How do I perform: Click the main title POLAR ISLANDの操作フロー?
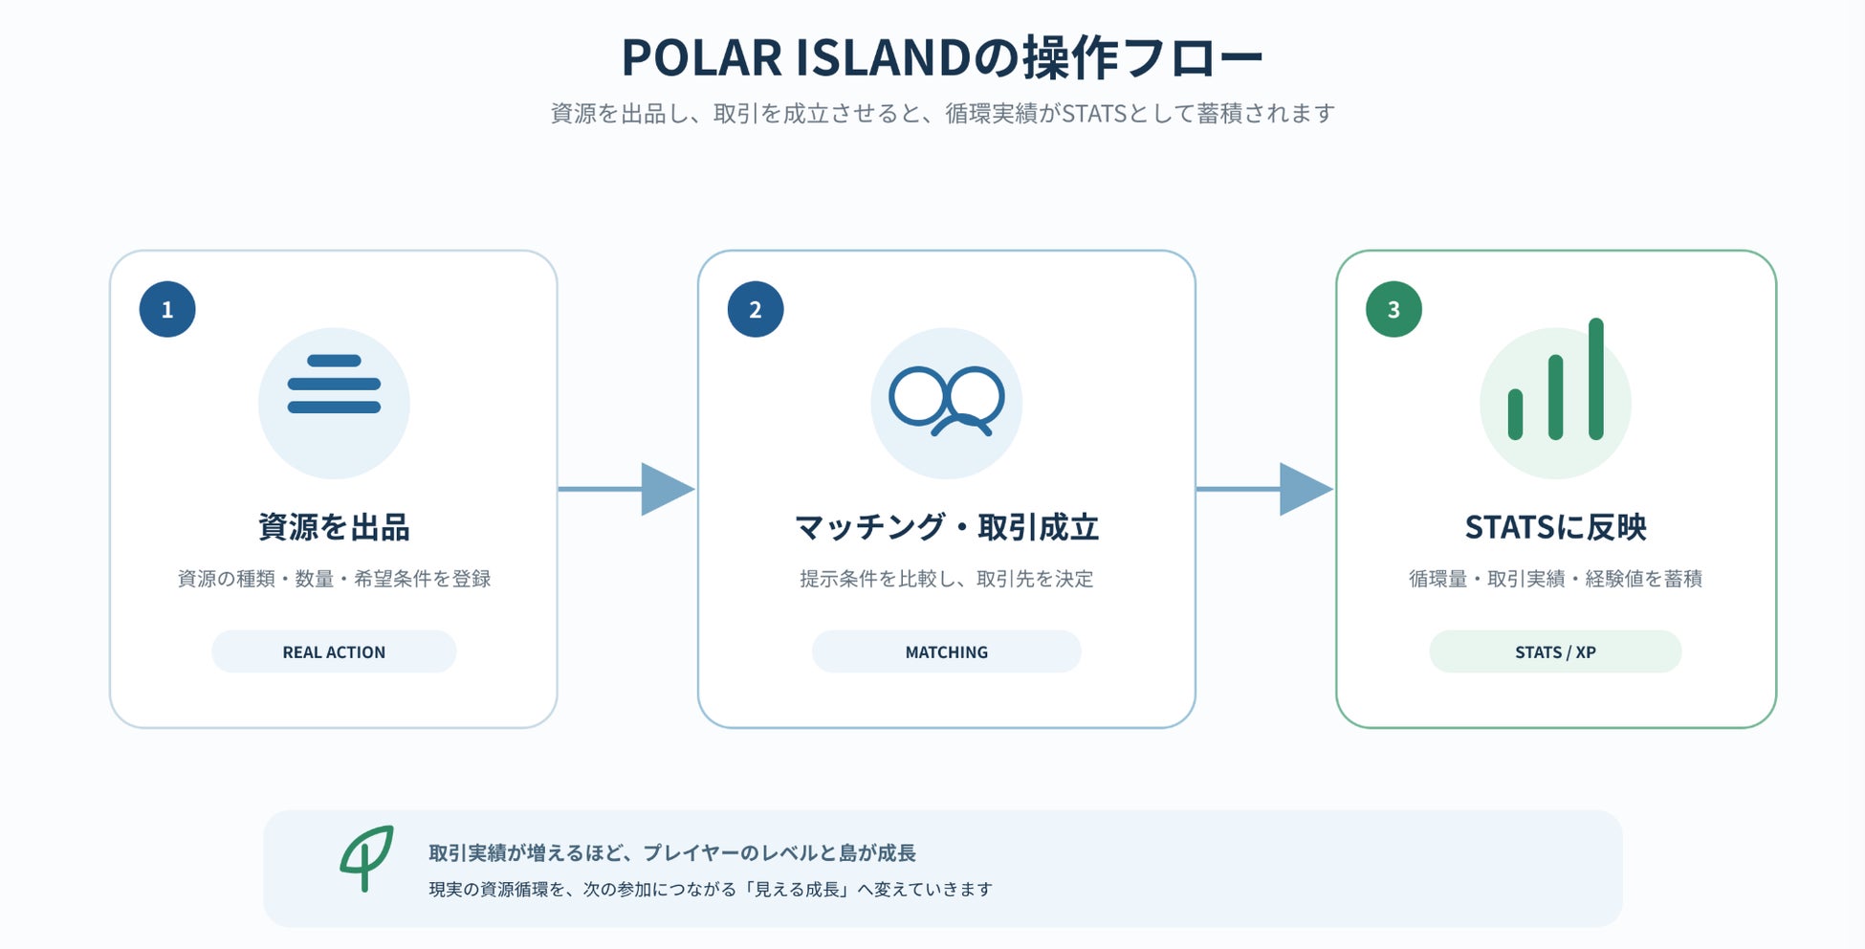tap(942, 57)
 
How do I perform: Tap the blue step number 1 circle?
tap(167, 309)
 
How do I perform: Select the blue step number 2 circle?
tap(756, 309)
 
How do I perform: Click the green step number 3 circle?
tap(1393, 309)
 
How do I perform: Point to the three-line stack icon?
tap(334, 385)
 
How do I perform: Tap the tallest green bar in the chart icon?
tap(1596, 379)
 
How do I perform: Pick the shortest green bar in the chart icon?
tap(1515, 414)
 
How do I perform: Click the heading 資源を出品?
tap(334, 527)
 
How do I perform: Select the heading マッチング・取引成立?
tap(947, 527)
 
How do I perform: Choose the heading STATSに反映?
tap(1556, 527)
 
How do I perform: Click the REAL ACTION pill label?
tap(334, 651)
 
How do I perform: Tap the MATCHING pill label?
tap(947, 651)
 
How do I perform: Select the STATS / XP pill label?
tap(1555, 651)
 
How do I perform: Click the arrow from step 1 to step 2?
tap(626, 489)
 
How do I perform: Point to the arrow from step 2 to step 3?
tap(1264, 489)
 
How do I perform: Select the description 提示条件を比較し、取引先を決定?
tap(947, 579)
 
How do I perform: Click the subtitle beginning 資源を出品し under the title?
tap(942, 114)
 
